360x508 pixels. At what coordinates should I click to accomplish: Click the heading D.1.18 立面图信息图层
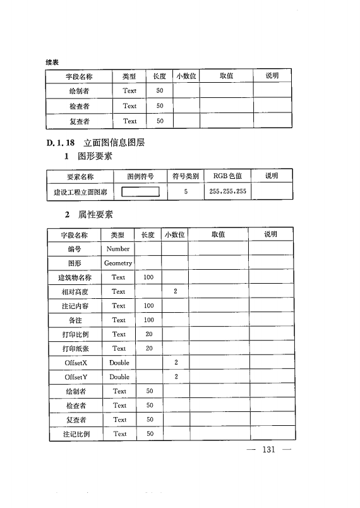(x=95, y=143)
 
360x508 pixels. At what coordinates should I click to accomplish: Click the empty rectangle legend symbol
(x=140, y=191)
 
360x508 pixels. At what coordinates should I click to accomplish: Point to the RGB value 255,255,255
(x=229, y=191)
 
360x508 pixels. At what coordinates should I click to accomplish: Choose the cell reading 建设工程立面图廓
(x=80, y=191)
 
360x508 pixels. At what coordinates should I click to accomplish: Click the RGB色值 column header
(x=227, y=176)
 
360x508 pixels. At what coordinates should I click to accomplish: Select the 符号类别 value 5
(x=186, y=191)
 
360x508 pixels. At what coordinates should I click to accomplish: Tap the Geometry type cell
(x=118, y=263)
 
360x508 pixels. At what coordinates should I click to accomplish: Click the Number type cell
(x=118, y=249)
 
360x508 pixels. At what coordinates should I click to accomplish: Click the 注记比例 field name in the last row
(x=76, y=434)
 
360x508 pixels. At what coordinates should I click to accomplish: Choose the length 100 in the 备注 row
(x=149, y=320)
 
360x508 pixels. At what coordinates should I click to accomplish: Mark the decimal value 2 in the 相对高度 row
(x=176, y=292)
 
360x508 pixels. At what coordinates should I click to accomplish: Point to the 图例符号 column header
(x=140, y=176)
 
